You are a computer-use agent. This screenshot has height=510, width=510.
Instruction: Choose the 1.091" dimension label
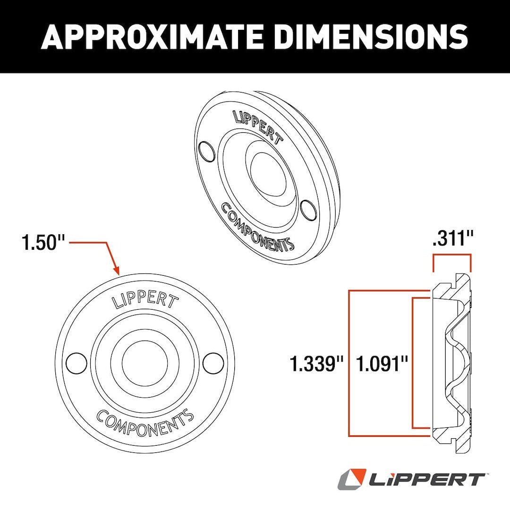(x=382, y=365)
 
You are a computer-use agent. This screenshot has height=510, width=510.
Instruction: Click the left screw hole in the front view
(x=76, y=363)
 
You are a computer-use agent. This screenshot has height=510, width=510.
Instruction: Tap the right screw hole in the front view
(x=213, y=363)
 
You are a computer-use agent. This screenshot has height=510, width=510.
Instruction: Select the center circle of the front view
(x=144, y=363)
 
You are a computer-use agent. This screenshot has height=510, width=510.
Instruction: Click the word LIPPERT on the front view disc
(x=145, y=301)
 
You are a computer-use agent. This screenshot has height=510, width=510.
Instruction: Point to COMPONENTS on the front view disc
(x=145, y=422)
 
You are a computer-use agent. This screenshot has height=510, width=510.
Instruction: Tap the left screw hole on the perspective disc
(x=206, y=152)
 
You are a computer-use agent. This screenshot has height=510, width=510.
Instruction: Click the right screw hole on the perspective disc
(x=308, y=209)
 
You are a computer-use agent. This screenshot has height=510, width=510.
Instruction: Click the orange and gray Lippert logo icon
(x=352, y=479)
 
